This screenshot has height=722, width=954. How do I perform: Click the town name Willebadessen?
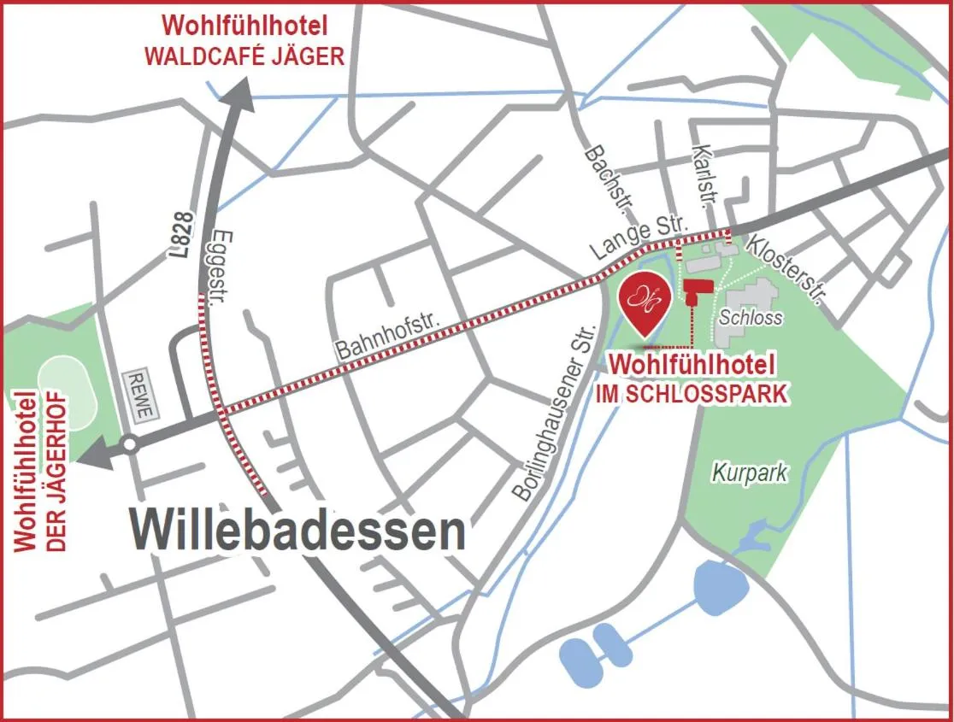point(298,531)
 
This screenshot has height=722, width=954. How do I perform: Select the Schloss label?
point(751,317)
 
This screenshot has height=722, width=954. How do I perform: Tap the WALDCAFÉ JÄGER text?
point(244,56)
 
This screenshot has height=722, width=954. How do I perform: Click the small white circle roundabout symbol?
point(130,444)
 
